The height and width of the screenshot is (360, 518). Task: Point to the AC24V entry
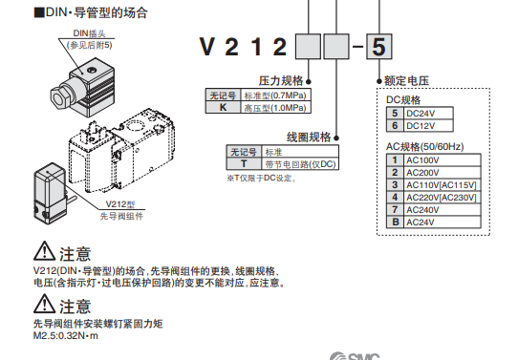pyautogui.click(x=421, y=222)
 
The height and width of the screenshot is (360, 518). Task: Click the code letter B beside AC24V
pyautogui.click(x=393, y=222)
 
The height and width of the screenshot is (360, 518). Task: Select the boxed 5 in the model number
pyautogui.click(x=378, y=46)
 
